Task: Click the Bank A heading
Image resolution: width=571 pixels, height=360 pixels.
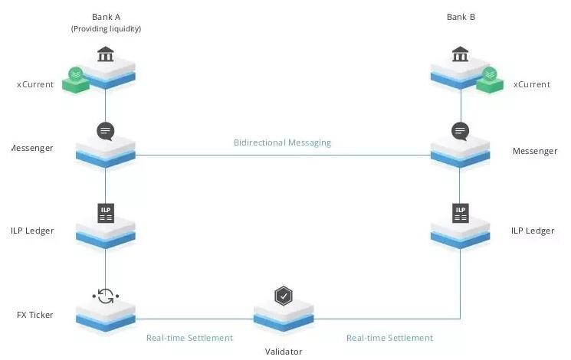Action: [x=106, y=16]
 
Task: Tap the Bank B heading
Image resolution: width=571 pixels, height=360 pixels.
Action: [x=461, y=16]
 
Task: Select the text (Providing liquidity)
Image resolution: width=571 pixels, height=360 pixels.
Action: [x=106, y=29]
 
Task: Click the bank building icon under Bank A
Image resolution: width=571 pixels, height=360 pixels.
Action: [x=106, y=54]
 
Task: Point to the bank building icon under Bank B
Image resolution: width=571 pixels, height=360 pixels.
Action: [x=460, y=54]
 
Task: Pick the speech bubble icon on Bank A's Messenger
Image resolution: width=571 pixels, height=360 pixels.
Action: [x=106, y=131]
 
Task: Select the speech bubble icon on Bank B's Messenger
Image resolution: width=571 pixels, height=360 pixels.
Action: [x=460, y=131]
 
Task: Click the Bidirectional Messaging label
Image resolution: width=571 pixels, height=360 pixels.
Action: [x=282, y=142]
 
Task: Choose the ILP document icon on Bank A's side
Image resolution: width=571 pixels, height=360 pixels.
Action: [x=106, y=212]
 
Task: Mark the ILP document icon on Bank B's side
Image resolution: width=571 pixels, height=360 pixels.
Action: [x=460, y=212]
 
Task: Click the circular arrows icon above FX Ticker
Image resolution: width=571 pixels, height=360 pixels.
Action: [x=106, y=295]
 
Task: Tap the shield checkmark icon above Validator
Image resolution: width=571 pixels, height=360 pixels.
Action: [x=284, y=296]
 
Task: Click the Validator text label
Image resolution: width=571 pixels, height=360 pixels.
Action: [x=284, y=352]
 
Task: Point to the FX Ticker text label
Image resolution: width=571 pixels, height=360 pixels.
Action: [x=35, y=315]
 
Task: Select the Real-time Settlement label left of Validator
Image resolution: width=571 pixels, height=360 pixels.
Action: [x=189, y=338]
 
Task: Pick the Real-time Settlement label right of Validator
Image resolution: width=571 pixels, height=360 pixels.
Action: [x=389, y=338]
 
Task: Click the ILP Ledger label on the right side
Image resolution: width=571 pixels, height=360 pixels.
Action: [x=533, y=231]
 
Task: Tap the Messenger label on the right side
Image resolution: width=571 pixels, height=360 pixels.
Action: [x=535, y=151]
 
